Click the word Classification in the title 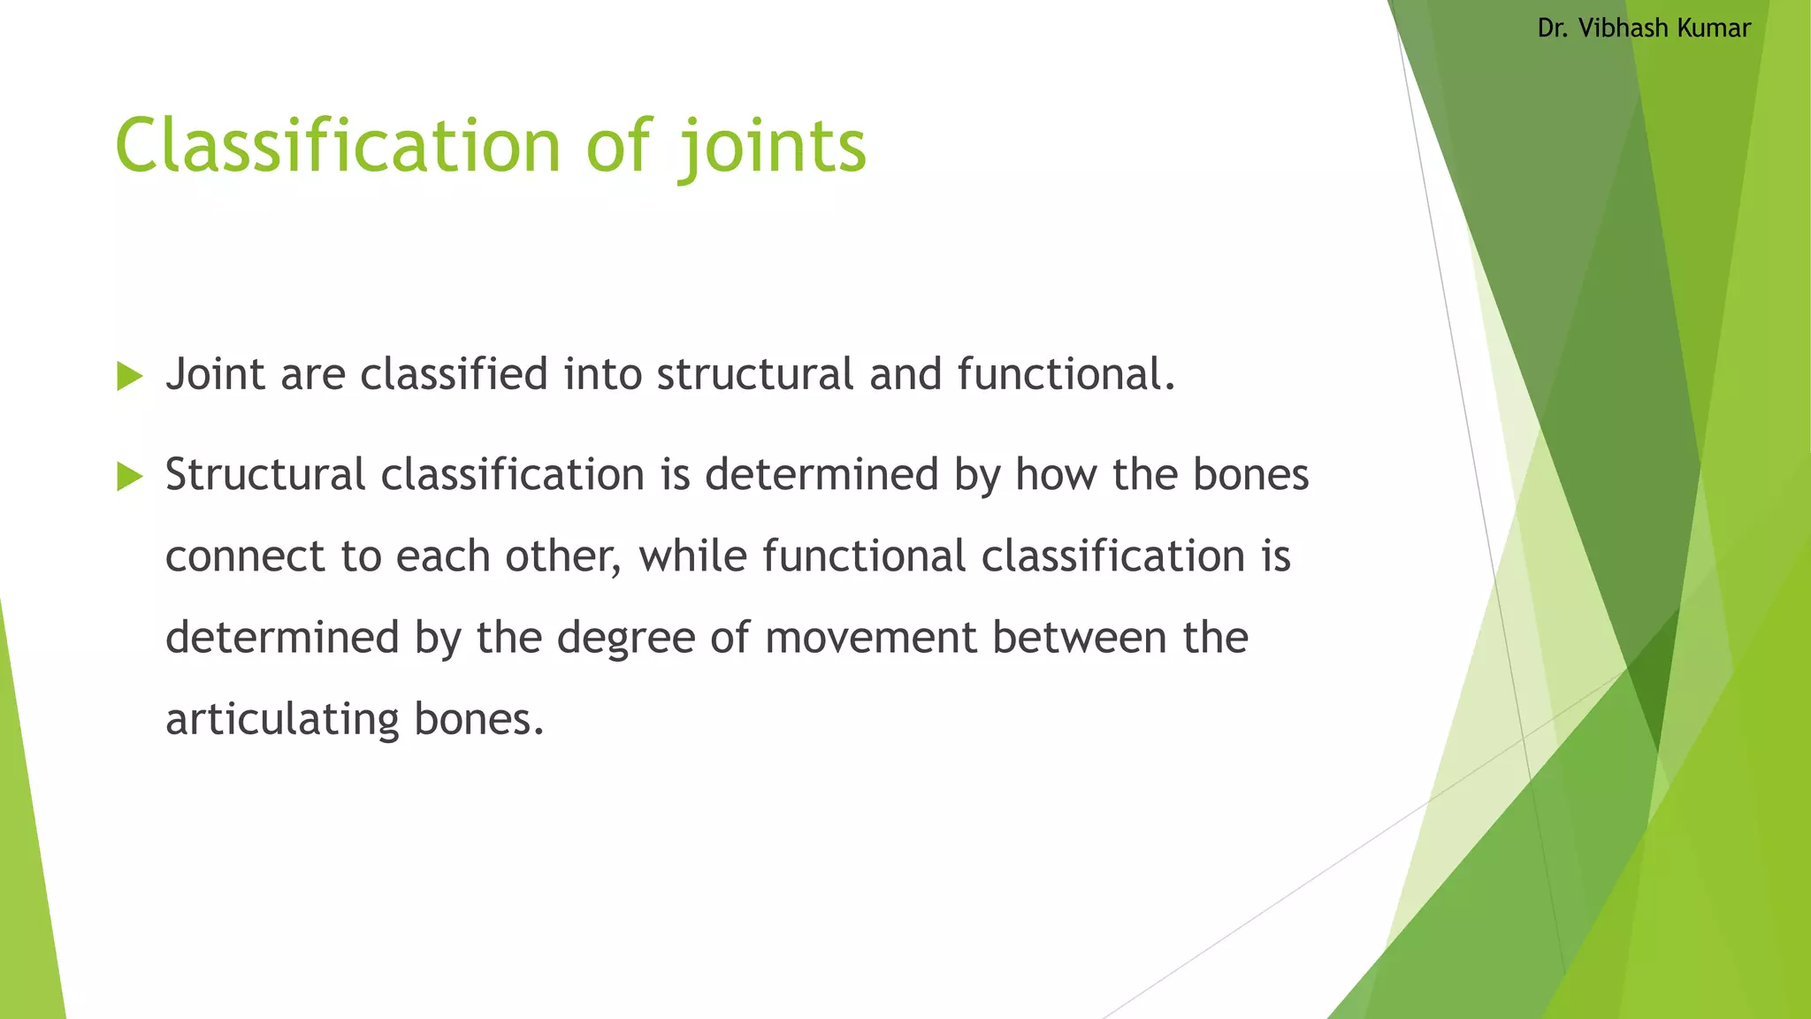[338, 146]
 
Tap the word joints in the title [772, 146]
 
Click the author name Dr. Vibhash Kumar [1643, 28]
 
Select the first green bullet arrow [129, 377]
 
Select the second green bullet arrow [129, 478]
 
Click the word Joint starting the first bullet [215, 374]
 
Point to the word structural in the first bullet [754, 374]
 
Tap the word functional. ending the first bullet [1066, 374]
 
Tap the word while [692, 556]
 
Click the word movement [870, 638]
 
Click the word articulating [282, 719]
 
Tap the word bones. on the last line [478, 719]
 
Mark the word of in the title [619, 146]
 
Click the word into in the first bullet [603, 374]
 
